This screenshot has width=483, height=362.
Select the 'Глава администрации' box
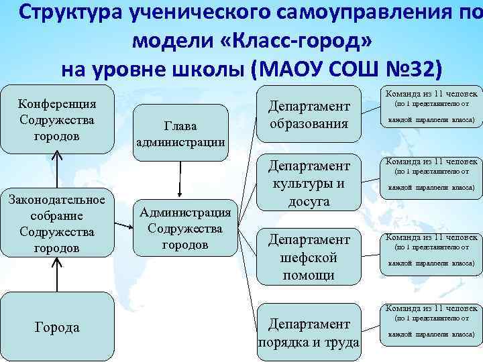click(x=180, y=133)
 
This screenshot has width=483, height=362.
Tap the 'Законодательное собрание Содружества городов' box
click(x=57, y=223)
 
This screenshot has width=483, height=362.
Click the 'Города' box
click(x=57, y=327)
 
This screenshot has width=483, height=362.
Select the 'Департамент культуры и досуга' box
click(x=309, y=182)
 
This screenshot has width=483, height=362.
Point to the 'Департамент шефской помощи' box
click(x=309, y=257)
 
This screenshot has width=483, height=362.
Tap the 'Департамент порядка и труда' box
click(x=309, y=333)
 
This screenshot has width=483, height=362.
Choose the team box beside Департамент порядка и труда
click(x=429, y=321)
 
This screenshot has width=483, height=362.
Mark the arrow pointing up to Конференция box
click(x=57, y=170)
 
